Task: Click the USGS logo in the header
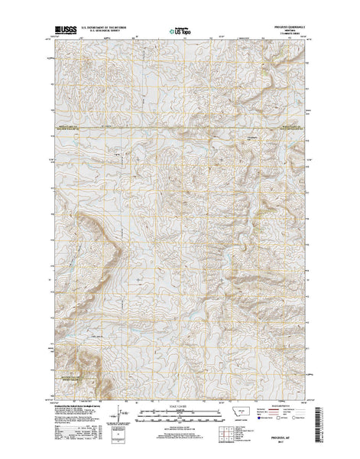tap(61, 33)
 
